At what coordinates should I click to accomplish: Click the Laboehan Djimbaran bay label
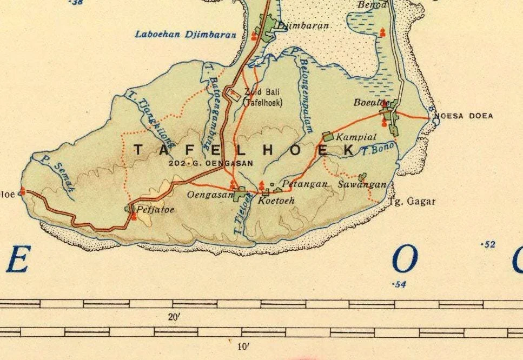(x=186, y=35)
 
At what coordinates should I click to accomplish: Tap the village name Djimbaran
(x=303, y=25)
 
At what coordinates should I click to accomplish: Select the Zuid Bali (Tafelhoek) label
(x=263, y=97)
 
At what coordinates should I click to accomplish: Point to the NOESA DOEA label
(x=464, y=116)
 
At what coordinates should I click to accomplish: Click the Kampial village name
(x=356, y=137)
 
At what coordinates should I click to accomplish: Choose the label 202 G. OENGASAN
(x=210, y=163)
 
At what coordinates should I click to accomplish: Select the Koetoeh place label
(x=276, y=200)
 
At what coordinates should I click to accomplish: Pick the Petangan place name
(x=305, y=184)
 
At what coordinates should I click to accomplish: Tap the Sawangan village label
(x=362, y=184)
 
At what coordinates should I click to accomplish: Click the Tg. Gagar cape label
(x=412, y=202)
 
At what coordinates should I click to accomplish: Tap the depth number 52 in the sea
(x=488, y=245)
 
